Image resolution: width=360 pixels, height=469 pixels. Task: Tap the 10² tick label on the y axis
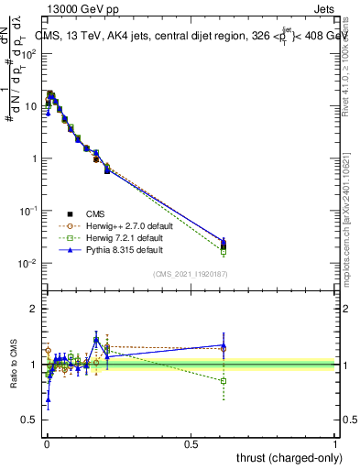coord(29,53)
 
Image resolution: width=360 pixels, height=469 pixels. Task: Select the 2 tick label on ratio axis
coord(34,309)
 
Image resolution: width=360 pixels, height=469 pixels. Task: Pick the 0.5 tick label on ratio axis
coord(29,420)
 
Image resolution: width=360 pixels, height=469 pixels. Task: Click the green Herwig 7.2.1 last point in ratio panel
coord(223,380)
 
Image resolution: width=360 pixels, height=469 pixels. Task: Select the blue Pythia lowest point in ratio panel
coord(48,399)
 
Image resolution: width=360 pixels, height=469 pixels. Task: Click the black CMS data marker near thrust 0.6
coord(223,244)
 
